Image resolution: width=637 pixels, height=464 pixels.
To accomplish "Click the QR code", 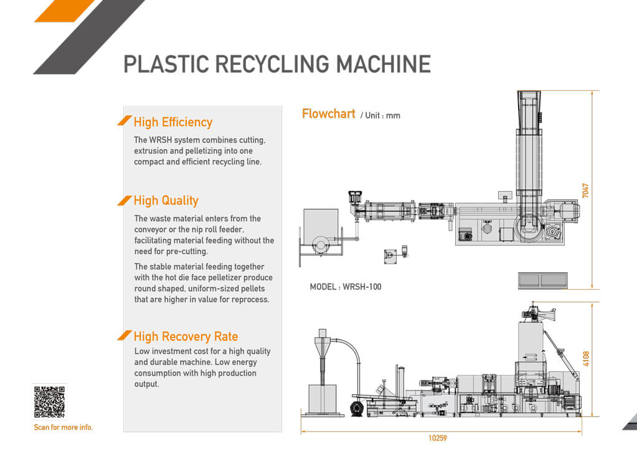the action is (x=50, y=402).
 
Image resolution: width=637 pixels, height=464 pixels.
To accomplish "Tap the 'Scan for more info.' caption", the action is (x=64, y=427).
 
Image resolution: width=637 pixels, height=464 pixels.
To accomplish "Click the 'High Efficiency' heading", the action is (x=173, y=122).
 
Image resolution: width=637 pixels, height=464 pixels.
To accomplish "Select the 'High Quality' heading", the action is (x=166, y=201).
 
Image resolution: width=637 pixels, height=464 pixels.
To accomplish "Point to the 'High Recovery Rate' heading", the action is (x=186, y=336).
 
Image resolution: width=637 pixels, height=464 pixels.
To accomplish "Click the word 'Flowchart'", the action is (x=329, y=114).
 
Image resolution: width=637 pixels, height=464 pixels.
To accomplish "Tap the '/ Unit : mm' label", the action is (x=380, y=115).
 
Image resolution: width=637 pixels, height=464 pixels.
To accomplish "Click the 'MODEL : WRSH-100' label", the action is (x=346, y=287).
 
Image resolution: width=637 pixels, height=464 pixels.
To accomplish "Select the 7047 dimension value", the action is (x=585, y=191).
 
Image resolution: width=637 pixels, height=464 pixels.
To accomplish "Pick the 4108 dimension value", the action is (x=586, y=358).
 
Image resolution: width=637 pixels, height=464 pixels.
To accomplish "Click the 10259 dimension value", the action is (x=438, y=438).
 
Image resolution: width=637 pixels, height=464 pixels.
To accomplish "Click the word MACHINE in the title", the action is (x=384, y=64).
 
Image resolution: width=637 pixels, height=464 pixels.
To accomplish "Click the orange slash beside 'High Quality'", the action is (x=125, y=201).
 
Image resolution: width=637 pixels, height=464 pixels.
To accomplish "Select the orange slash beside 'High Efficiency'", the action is (x=125, y=121).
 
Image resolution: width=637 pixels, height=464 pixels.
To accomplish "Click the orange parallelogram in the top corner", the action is (x=65, y=11).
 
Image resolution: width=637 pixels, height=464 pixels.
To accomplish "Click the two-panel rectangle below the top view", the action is (x=543, y=280).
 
